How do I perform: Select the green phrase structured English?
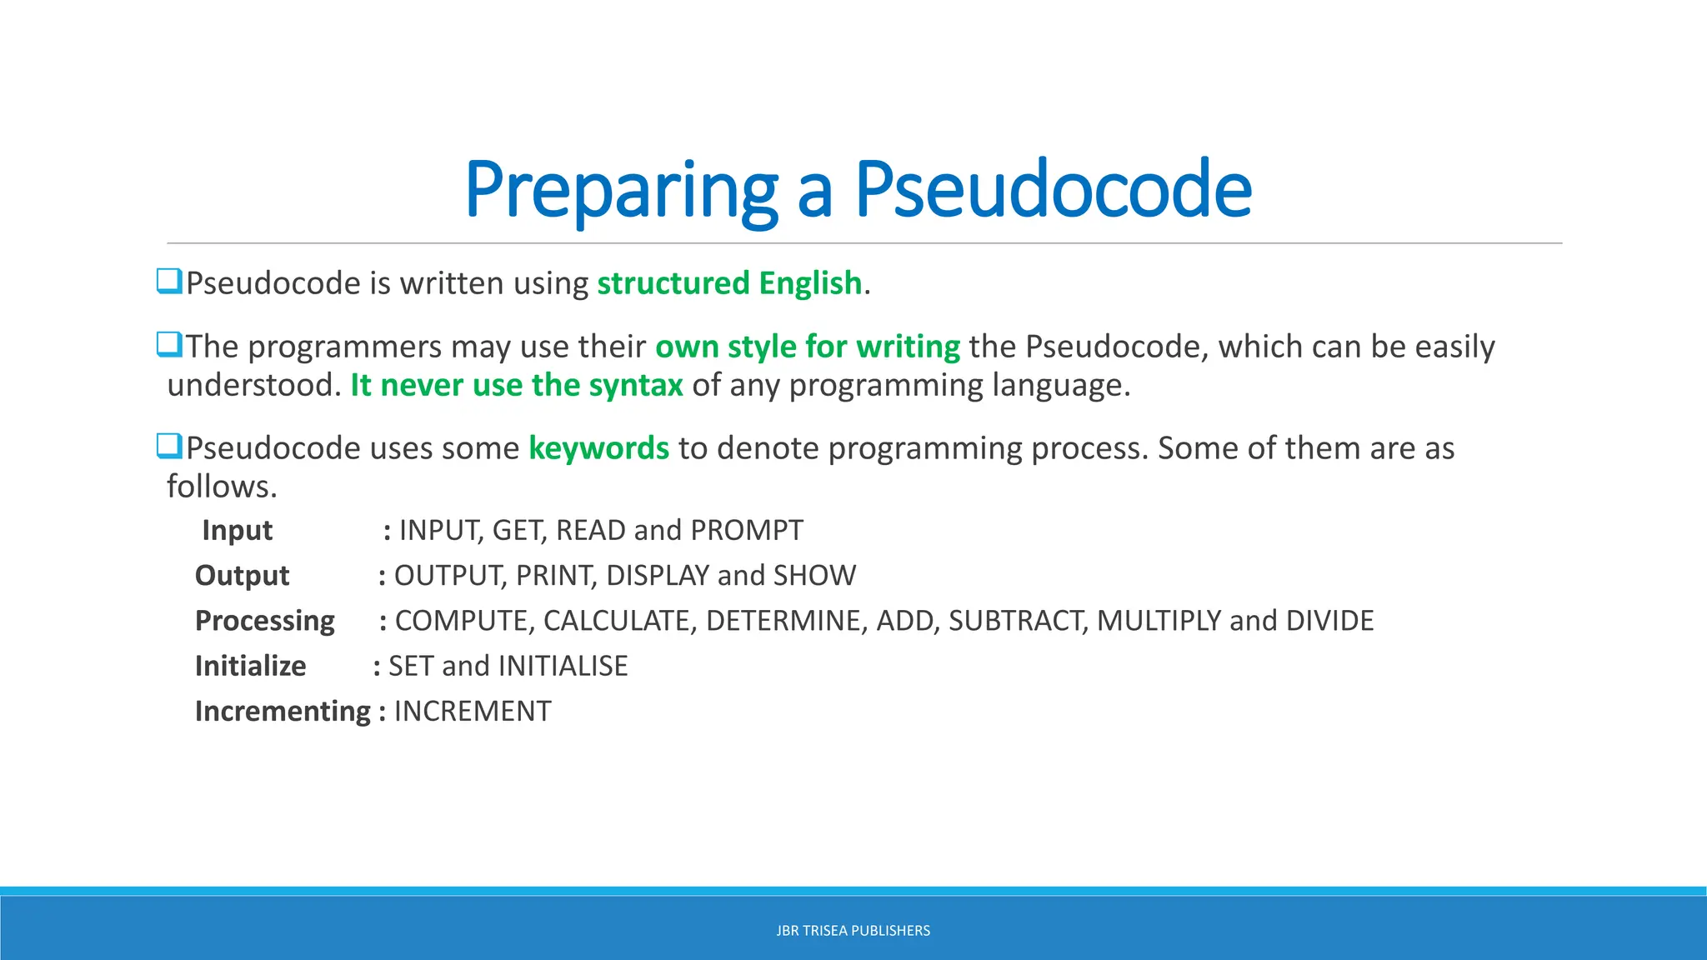[x=729, y=283]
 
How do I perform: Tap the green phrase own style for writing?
[x=808, y=347]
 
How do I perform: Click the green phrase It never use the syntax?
[x=517, y=385]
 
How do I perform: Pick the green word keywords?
[x=598, y=448]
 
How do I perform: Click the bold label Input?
[x=238, y=530]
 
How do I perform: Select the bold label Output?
[x=242, y=576]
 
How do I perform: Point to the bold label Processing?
[x=264, y=621]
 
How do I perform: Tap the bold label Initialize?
[x=250, y=666]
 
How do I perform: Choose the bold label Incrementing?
[x=283, y=711]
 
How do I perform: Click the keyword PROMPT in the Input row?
[x=747, y=530]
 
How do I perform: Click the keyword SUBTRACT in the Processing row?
[x=1018, y=621]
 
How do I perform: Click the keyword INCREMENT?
[x=473, y=711]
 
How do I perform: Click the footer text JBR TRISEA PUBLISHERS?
[x=853, y=931]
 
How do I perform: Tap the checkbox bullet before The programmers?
[x=169, y=344]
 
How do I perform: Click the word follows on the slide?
[x=221, y=487]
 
